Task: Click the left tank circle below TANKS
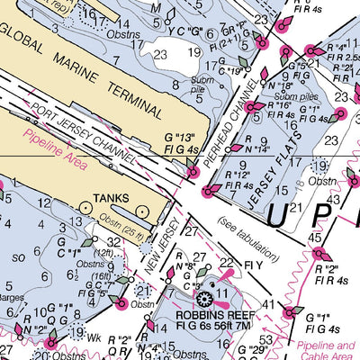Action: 85,208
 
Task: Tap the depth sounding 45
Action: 315,238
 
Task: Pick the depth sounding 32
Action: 113,241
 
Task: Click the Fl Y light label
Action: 253,267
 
